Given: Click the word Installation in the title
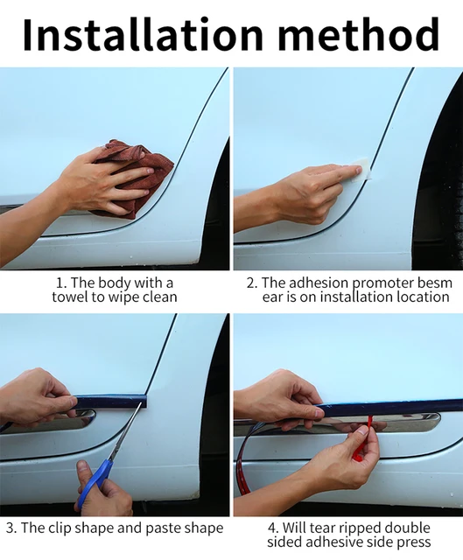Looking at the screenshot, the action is [143, 33].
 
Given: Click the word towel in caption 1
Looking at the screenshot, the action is [70, 297].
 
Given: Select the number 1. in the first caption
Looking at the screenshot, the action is [61, 283].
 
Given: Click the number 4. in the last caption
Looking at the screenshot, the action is [273, 528].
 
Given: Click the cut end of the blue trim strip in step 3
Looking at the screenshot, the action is [144, 401].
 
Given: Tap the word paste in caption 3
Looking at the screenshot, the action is [167, 528].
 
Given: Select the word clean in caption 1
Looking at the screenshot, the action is [159, 297].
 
